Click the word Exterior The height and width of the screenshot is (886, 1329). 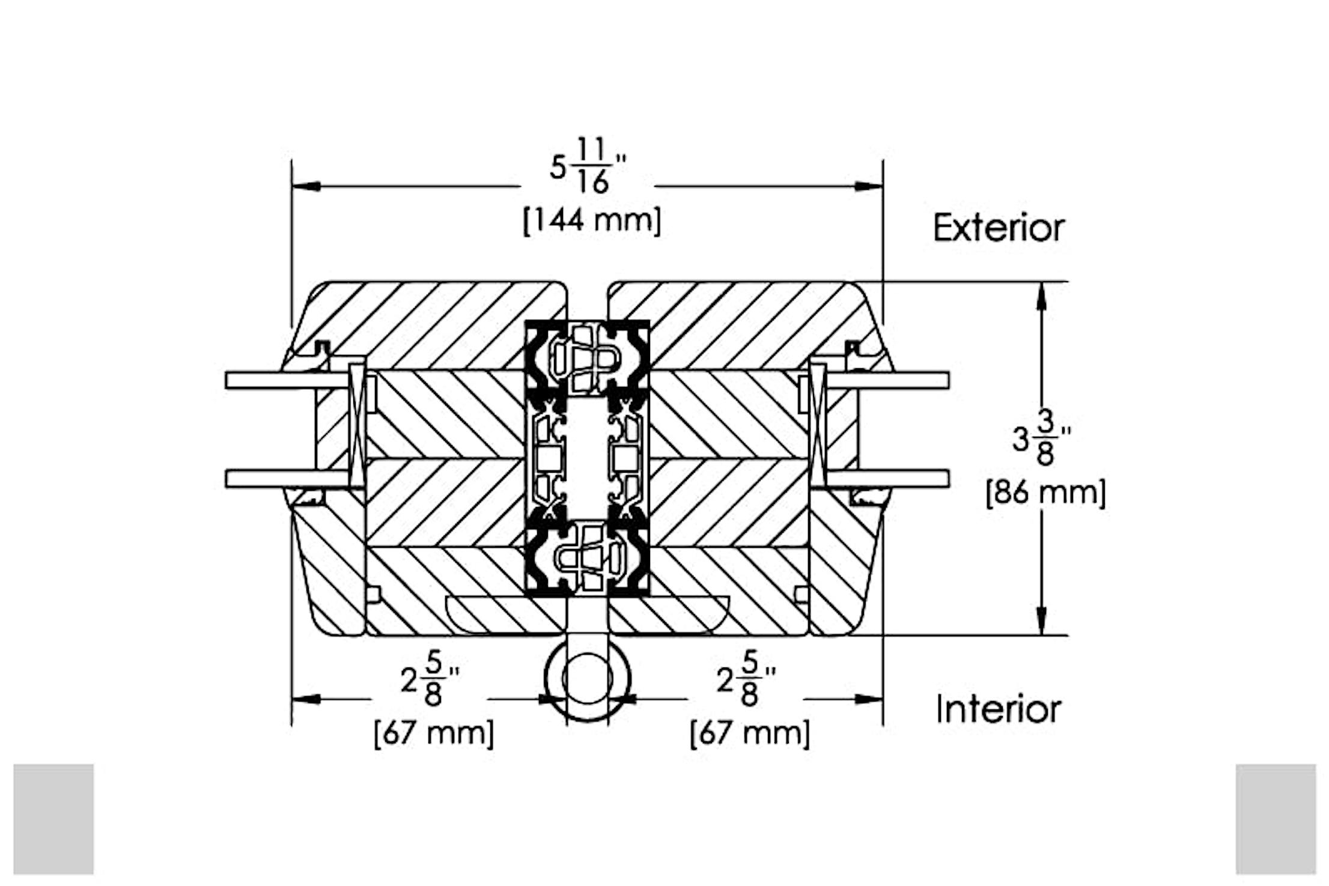tap(999, 228)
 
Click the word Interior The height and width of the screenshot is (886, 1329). tap(999, 709)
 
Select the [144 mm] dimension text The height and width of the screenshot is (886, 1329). tap(592, 220)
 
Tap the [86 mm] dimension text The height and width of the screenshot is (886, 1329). tap(1045, 493)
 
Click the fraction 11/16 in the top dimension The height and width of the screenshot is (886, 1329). tap(593, 166)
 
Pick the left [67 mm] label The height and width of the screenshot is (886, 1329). tap(434, 733)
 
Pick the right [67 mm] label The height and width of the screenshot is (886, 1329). tap(750, 733)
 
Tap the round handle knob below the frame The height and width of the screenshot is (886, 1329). tap(587, 679)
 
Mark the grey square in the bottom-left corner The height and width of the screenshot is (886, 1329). tap(53, 819)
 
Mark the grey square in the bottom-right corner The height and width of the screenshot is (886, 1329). tap(1276, 819)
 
